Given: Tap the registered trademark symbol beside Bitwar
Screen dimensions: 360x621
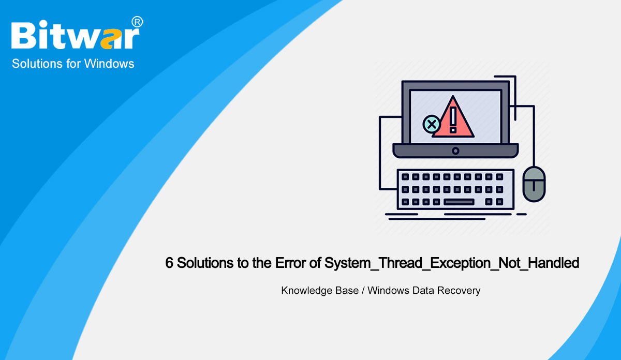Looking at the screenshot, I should click(x=137, y=22).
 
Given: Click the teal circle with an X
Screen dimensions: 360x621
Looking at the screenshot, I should click(x=431, y=124).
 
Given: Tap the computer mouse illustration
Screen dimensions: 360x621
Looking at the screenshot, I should click(x=534, y=184).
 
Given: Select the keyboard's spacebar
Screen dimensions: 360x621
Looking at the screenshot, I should click(x=459, y=202).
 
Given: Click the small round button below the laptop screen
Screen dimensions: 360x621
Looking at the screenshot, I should click(x=455, y=151).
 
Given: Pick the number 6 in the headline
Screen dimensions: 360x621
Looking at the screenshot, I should click(x=169, y=263).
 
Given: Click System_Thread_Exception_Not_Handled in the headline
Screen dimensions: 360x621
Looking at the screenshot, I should click(x=451, y=263).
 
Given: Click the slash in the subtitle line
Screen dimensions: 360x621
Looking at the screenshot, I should click(x=363, y=291).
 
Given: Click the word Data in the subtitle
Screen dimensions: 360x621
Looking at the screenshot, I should click(x=423, y=291).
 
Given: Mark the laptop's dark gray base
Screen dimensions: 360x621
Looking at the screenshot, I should click(x=455, y=151).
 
